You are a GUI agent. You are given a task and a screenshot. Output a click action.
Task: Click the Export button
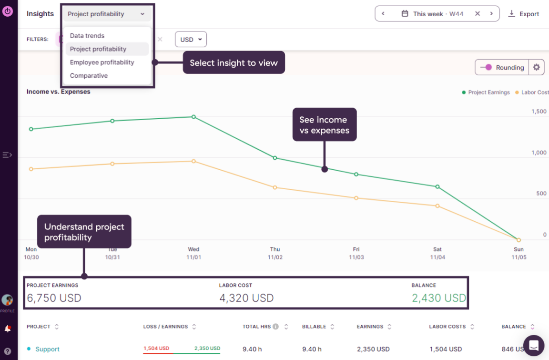[523, 14]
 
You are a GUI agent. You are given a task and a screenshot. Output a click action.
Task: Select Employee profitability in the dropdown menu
[102, 62]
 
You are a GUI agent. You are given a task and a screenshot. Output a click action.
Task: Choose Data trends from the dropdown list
[87, 36]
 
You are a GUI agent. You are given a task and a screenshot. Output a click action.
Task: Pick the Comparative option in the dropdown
[89, 76]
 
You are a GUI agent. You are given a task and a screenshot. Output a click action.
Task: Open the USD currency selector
[191, 40]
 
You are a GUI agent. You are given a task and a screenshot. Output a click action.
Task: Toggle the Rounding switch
[486, 67]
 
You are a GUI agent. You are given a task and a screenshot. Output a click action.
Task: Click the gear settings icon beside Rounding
[536, 67]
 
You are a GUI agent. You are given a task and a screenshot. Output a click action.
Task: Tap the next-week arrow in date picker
[491, 14]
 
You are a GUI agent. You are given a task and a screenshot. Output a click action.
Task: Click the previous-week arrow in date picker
[383, 14]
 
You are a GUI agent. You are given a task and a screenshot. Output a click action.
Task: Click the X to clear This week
[477, 14]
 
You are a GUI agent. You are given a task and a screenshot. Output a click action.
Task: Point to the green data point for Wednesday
[193, 117]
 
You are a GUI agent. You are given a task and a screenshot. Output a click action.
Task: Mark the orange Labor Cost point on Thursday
[275, 188]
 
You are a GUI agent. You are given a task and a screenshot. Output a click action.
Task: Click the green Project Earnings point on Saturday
[437, 187]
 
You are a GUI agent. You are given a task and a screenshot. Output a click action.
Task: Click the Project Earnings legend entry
[486, 93]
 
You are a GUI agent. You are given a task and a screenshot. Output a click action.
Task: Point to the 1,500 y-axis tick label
[539, 112]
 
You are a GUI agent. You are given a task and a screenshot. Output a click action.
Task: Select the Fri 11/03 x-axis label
[356, 253]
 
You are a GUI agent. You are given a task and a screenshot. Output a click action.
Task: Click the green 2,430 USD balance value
[438, 298]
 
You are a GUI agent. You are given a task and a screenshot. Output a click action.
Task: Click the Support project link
[47, 349]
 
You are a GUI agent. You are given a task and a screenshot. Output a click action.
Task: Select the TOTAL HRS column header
[256, 327]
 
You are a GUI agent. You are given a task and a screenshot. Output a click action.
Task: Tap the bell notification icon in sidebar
[8, 329]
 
